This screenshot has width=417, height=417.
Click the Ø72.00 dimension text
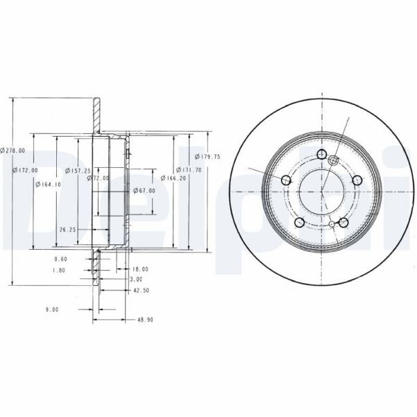coord(99,178)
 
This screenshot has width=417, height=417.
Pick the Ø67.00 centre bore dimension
coord(145,191)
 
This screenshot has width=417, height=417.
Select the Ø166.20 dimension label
coord(176,178)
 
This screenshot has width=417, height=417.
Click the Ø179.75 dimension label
coord(207,157)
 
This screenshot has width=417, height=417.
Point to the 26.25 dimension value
coord(67,228)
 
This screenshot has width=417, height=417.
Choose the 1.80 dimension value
coord(59,270)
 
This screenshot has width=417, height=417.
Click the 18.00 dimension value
coord(140,269)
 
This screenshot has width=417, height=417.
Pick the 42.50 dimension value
coord(141,291)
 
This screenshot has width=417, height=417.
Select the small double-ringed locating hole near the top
coord(333,160)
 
